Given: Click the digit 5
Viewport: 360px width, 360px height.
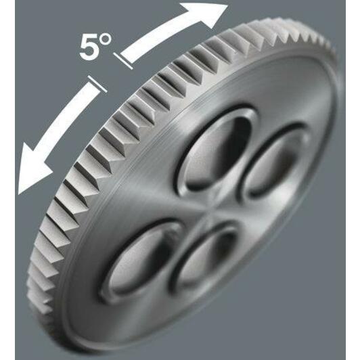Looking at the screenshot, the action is (x=89, y=48).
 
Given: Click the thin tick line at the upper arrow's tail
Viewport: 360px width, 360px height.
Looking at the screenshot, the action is (x=123, y=61).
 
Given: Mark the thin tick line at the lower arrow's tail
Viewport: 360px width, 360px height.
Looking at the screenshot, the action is (x=97, y=84).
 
